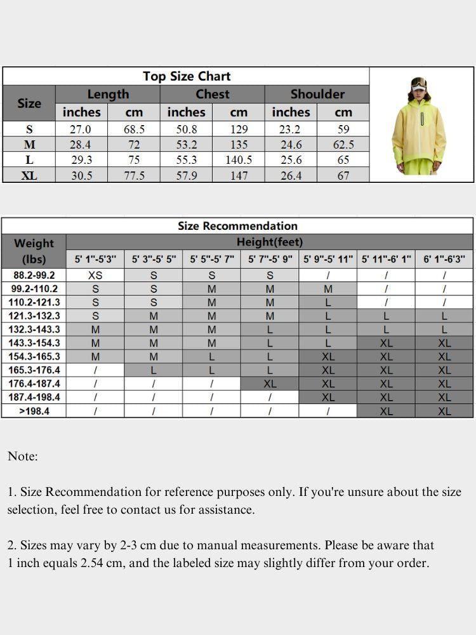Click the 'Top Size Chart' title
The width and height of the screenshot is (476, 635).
coord(187,76)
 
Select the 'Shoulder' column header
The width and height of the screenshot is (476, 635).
coord(317,94)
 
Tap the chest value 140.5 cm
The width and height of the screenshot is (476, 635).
coord(239,160)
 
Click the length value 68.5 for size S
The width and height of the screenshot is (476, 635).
coord(134,129)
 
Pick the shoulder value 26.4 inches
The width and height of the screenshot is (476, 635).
coord(291,176)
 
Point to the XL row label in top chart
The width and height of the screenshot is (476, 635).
coord(29,176)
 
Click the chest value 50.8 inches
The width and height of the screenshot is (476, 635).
coord(186,129)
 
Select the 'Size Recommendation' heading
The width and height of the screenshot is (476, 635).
coord(237,226)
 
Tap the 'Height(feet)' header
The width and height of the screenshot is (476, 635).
coord(270,242)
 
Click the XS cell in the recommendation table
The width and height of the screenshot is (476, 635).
coord(95,276)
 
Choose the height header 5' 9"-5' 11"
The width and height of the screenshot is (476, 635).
coord(327,259)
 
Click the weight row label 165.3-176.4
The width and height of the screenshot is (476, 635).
coord(34,370)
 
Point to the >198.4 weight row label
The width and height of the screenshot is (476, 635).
coord(34,411)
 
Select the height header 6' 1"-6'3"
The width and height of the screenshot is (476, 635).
coord(444,259)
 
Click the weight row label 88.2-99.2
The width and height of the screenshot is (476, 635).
coord(34,276)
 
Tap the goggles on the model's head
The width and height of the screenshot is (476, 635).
coord(418,83)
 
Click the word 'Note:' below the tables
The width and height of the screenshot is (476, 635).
coord(23,456)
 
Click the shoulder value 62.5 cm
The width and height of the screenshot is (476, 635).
coord(343,145)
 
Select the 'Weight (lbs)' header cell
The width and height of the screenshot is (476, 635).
coord(34,251)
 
